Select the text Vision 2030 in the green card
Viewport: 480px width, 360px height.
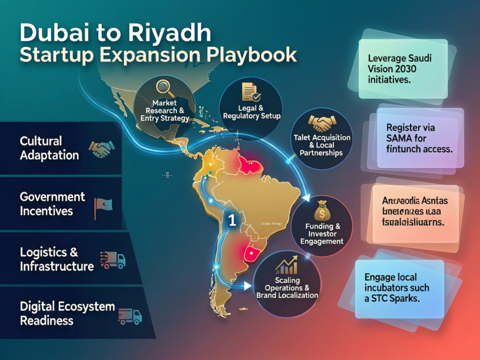(x=392, y=69)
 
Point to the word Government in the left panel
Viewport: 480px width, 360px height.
(x=52, y=197)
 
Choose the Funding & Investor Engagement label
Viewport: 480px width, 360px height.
(x=323, y=233)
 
